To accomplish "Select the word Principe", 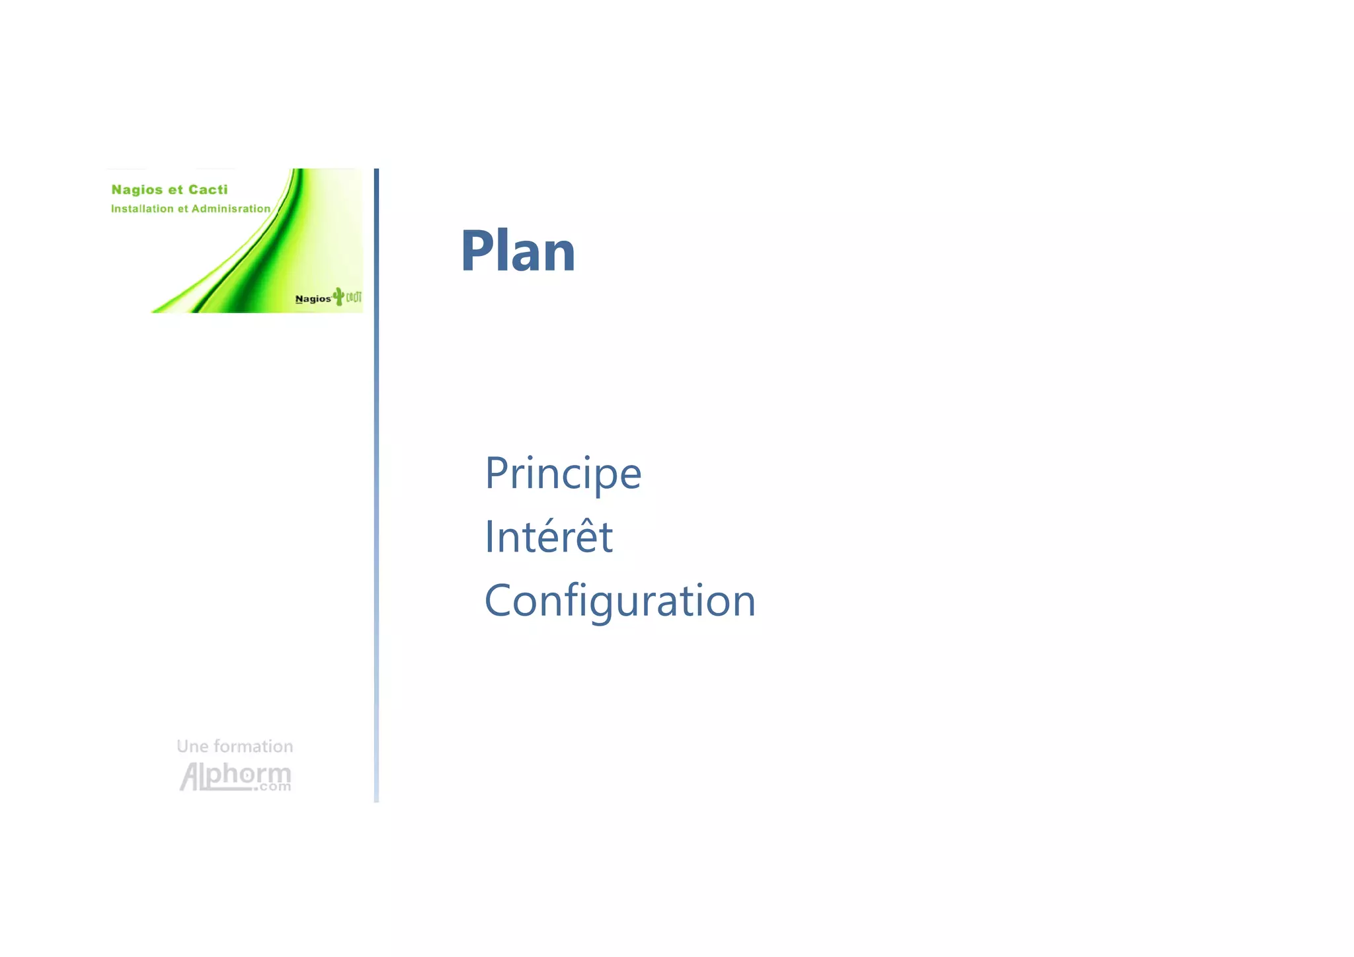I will tap(563, 474).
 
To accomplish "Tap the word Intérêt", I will tap(548, 536).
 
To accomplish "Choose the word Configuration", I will tap(619, 601).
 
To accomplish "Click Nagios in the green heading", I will tap(137, 190).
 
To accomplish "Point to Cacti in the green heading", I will tap(208, 190).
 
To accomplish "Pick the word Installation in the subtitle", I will tap(142, 209).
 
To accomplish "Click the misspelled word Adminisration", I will tap(231, 209).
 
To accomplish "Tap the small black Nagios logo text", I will tap(313, 299).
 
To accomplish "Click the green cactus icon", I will tap(338, 296).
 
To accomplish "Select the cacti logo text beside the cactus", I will tap(354, 297).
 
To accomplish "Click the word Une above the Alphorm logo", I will tap(192, 747).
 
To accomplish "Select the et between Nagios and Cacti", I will tap(175, 190).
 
